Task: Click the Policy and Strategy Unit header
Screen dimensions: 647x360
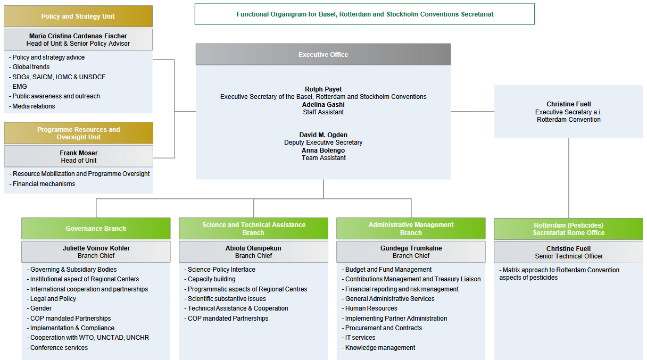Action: [78, 16]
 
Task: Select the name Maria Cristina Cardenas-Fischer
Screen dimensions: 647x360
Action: [78, 36]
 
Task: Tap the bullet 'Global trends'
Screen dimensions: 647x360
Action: [29, 67]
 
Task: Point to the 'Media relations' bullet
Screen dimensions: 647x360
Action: [32, 106]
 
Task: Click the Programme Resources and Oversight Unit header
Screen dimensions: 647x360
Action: [79, 133]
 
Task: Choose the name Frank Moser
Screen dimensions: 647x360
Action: [79, 153]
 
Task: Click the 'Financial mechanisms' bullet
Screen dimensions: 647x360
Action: [42, 184]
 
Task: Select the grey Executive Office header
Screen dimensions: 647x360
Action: [323, 55]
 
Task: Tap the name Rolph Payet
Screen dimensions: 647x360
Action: [323, 89]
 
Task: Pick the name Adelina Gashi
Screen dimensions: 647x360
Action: [323, 105]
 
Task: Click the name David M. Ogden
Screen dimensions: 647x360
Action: [323, 135]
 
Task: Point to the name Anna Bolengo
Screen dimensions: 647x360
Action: [323, 150]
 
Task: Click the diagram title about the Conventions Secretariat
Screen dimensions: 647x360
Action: [365, 14]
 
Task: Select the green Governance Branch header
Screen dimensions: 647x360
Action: [96, 228]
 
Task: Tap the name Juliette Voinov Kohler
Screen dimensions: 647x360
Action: [96, 248]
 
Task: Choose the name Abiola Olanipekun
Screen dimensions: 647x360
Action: [253, 248]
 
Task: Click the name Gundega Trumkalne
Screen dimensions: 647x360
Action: [411, 248]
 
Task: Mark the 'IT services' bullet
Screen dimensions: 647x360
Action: [359, 338]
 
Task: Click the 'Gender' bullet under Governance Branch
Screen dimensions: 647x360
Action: [39, 308]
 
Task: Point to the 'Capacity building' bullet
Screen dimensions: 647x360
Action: [210, 279]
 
